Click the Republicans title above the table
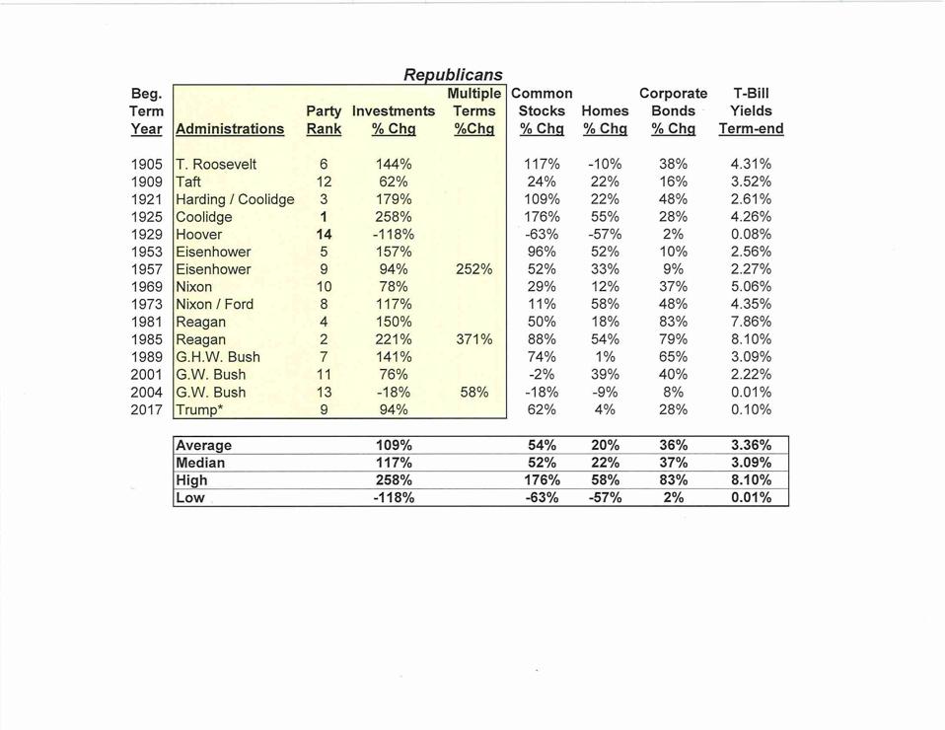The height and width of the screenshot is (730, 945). click(453, 75)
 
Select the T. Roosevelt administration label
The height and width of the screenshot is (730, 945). click(215, 165)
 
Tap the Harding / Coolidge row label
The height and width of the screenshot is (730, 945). click(235, 199)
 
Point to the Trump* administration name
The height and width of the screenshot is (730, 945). click(200, 409)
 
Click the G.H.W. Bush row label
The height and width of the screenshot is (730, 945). click(218, 357)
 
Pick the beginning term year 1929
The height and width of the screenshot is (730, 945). click(147, 235)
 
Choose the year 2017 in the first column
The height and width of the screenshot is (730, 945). click(147, 409)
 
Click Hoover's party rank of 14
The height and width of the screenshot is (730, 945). click(324, 235)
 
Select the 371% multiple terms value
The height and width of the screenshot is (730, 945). click(473, 339)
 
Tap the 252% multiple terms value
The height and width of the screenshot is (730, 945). click(473, 269)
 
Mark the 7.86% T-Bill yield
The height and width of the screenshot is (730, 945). click(751, 322)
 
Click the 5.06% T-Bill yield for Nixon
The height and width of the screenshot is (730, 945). click(751, 287)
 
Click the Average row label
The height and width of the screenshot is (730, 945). click(204, 445)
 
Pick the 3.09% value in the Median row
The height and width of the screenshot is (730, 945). click(751, 463)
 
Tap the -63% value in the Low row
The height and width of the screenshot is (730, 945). click(542, 498)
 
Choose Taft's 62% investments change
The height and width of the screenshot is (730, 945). click(394, 182)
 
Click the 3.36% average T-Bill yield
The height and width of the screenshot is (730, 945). click(751, 445)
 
